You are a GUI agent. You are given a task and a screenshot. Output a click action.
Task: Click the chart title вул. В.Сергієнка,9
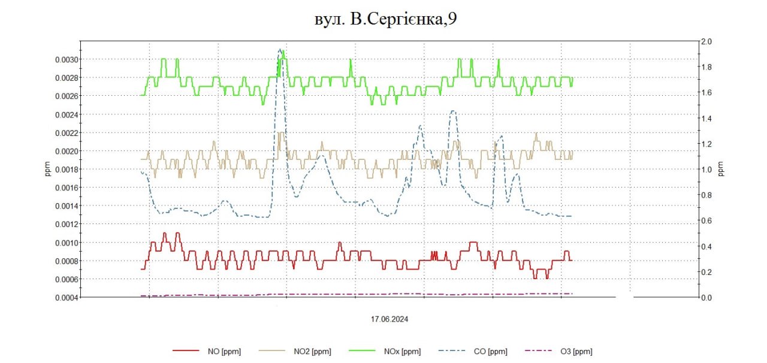(x=385, y=19)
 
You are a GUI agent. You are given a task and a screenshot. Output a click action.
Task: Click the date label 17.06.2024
(x=389, y=319)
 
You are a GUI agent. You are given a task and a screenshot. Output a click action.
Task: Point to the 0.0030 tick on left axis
(x=62, y=59)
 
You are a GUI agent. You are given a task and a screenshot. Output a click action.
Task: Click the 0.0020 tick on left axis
(x=62, y=151)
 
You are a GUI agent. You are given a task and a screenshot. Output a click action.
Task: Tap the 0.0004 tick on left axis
(x=62, y=298)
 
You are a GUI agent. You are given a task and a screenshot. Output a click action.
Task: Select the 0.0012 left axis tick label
(x=62, y=224)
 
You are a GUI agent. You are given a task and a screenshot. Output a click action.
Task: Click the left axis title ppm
(x=48, y=170)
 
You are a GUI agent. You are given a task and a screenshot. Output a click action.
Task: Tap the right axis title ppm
(x=721, y=170)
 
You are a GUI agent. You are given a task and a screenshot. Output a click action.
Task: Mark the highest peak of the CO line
(x=280, y=49)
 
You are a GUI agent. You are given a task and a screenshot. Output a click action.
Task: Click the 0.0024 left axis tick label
(x=62, y=114)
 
